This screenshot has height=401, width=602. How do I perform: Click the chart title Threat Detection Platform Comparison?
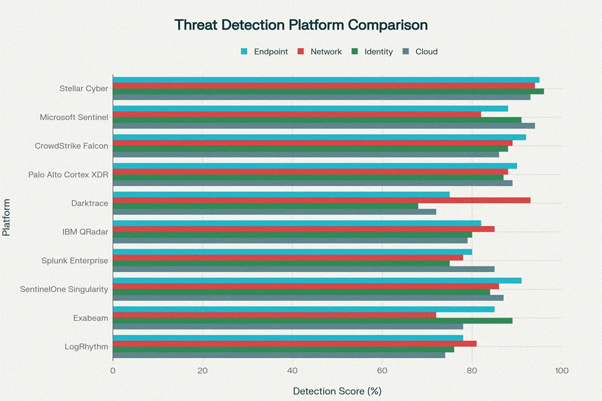[x=301, y=25]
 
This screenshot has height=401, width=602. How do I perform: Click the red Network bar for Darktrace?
[x=321, y=200]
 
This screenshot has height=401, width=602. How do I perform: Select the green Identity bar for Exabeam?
[x=312, y=321]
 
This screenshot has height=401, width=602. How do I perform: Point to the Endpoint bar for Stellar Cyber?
[x=326, y=80]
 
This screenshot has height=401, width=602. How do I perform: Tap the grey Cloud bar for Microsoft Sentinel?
[x=323, y=126]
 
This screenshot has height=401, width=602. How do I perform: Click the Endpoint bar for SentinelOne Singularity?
[x=317, y=280]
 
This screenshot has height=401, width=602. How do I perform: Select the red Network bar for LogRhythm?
[x=295, y=343]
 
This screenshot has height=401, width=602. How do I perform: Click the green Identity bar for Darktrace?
[x=266, y=206]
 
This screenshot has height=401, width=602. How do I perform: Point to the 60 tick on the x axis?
[x=382, y=371]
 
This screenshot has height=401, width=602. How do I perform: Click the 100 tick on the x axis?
[x=561, y=371]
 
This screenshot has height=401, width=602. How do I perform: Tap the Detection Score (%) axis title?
[x=337, y=391]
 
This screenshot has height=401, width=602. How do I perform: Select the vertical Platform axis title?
[x=6, y=217]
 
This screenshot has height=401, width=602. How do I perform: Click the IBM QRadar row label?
[x=85, y=232]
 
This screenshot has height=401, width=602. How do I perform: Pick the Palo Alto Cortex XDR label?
[x=68, y=175]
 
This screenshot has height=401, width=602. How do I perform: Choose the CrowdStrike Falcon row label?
[x=72, y=146]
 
